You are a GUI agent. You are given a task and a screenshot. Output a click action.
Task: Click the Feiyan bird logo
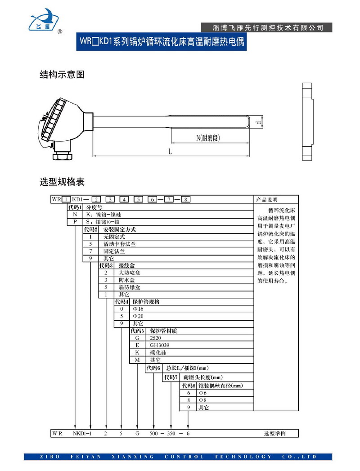[x=45, y=19]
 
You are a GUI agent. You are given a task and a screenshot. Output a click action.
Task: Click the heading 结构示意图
[x=62, y=75]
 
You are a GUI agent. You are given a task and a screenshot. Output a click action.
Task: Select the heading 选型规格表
[x=62, y=182]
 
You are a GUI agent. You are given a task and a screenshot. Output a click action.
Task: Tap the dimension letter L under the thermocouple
[x=170, y=152]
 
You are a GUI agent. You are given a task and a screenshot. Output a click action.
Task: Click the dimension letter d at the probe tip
[x=257, y=122]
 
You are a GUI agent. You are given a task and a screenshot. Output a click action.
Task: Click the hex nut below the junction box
[x=61, y=157]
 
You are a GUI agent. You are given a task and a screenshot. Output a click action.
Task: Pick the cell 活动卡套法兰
[x=119, y=244]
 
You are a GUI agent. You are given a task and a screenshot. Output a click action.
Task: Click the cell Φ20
[x=137, y=316]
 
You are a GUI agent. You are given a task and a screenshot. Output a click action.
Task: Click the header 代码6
[x=153, y=368]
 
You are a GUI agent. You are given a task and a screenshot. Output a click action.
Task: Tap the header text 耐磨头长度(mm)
[x=203, y=377]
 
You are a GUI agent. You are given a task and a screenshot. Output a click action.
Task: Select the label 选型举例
[x=274, y=434]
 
